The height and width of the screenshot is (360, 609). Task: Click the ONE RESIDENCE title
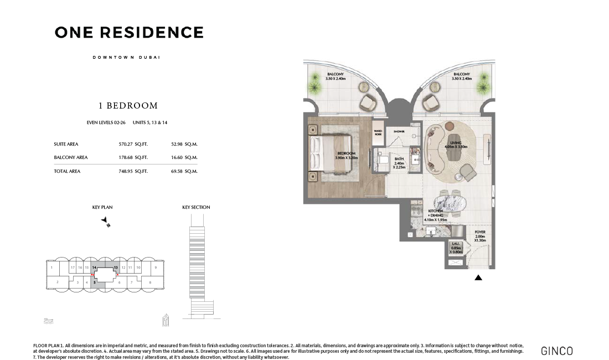coord(129,33)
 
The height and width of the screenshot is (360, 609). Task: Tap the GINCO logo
coord(556,351)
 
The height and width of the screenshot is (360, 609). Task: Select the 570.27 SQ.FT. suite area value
coord(133,144)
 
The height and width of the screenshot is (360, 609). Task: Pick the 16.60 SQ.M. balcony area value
coord(184,157)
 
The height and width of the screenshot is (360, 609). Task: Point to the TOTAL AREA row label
coord(67,171)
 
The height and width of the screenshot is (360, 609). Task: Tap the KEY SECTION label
coord(196,207)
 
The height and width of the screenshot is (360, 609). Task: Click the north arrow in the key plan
coord(105,222)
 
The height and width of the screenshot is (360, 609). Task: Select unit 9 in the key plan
coord(156,268)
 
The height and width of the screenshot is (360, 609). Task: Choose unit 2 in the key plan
coord(57,282)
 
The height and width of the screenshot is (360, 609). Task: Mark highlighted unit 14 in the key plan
coord(94,268)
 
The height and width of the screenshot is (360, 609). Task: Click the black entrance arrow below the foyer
coord(478,278)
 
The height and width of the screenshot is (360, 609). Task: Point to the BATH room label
coord(399,161)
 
